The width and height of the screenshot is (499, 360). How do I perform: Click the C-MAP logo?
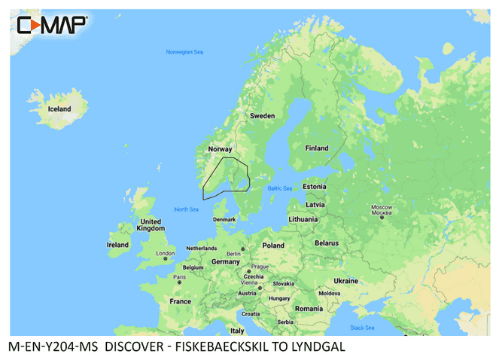point(51,25)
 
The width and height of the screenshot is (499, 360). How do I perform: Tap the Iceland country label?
point(59,109)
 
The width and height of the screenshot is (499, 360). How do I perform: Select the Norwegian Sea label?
point(184,52)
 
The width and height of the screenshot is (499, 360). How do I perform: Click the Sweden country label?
point(262,116)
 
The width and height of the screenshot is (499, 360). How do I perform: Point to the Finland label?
point(316,148)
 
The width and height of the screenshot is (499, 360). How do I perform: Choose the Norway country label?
point(220,149)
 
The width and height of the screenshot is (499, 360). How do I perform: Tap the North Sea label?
point(186,209)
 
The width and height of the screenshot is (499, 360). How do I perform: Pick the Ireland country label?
point(118,245)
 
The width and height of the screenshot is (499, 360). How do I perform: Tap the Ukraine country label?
point(346,280)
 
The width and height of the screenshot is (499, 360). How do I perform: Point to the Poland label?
point(273,246)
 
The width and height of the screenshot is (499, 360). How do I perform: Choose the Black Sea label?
point(362,328)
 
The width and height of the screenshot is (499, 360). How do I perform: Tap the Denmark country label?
point(224,219)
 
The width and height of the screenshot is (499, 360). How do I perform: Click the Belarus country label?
point(327,243)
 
